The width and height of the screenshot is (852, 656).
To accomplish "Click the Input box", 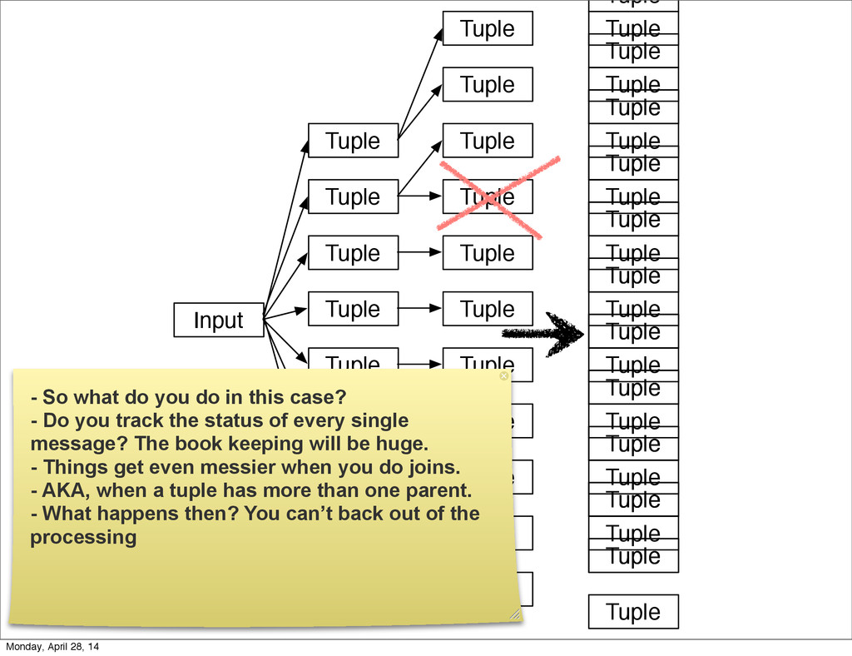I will pyautogui.click(x=218, y=321).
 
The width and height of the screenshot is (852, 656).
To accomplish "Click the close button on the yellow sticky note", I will pyautogui.click(x=503, y=376).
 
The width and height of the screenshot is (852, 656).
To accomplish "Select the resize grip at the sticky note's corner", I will pyautogui.click(x=514, y=614).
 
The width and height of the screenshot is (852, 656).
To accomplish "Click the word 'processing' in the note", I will pyautogui.click(x=83, y=537).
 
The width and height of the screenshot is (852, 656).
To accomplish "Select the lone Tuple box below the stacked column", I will pyautogui.click(x=633, y=612).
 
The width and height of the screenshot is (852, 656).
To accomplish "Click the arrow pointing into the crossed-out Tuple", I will pyautogui.click(x=421, y=196).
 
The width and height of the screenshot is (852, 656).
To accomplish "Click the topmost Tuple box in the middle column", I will pyautogui.click(x=487, y=28).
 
